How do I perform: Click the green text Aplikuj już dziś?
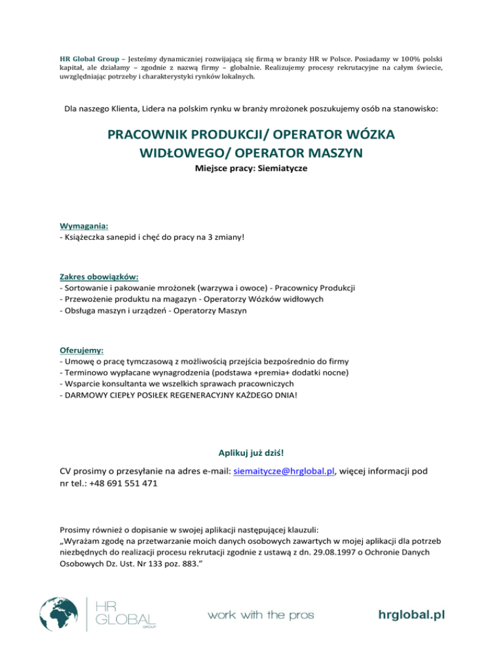(251, 452)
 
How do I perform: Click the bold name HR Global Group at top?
(88, 55)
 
